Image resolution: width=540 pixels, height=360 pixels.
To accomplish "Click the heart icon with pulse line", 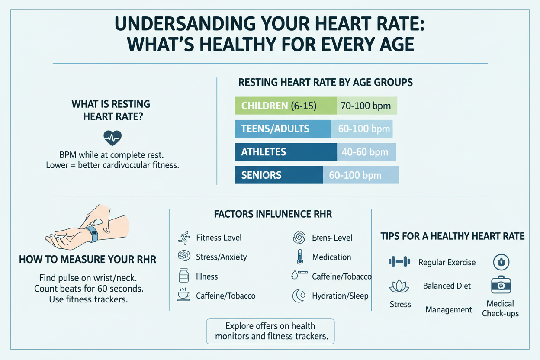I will pos(113,138).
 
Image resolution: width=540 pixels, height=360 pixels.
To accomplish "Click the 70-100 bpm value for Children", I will pos(366,106).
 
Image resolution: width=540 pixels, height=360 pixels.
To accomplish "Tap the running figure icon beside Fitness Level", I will pos(184,237).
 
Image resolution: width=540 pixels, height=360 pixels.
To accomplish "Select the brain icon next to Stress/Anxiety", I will pos(184,257).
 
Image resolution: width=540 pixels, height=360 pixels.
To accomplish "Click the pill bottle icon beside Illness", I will pos(184,276).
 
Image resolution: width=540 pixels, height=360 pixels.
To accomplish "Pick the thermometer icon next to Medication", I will pos(299,257).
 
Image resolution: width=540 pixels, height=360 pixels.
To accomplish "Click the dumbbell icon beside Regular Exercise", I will pos(399,261).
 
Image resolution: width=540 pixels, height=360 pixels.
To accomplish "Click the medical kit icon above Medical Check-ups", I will pos(501,285).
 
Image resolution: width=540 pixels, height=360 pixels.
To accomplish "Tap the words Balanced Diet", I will pos(447,286).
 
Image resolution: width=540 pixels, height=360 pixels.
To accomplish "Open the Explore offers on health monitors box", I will pos(270,331).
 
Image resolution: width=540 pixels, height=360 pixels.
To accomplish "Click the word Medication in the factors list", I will pos(331,257).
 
